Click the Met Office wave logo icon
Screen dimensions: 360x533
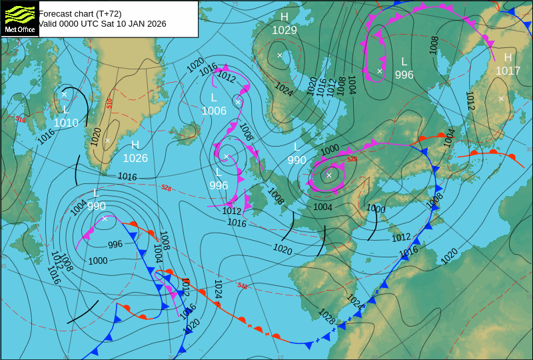click(x=19, y=14)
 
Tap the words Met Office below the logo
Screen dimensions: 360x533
click(x=19, y=30)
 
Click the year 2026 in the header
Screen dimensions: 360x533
click(x=156, y=23)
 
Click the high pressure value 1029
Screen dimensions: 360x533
click(x=284, y=30)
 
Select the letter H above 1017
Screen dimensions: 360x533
click(x=508, y=58)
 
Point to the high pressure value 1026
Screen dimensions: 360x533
click(x=135, y=158)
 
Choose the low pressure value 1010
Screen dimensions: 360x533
click(x=66, y=123)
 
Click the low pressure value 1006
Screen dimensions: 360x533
click(x=214, y=111)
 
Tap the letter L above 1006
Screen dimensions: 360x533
click(x=214, y=98)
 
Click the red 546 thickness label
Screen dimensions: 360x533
click(x=243, y=285)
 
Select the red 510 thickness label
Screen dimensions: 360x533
click(x=109, y=102)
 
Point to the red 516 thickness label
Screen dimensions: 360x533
click(x=21, y=119)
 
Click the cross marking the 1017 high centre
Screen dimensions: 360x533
click(x=501, y=99)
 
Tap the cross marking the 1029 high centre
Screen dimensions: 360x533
click(x=280, y=55)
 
